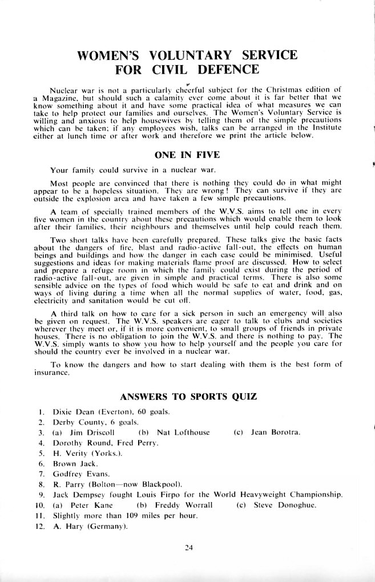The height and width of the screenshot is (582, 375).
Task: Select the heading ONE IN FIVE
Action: [187, 154]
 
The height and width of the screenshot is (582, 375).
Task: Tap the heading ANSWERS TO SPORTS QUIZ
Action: [188, 397]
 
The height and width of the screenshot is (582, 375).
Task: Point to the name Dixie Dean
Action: [71, 411]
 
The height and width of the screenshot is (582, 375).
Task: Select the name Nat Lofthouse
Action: [183, 432]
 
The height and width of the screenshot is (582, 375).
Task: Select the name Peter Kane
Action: [87, 505]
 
